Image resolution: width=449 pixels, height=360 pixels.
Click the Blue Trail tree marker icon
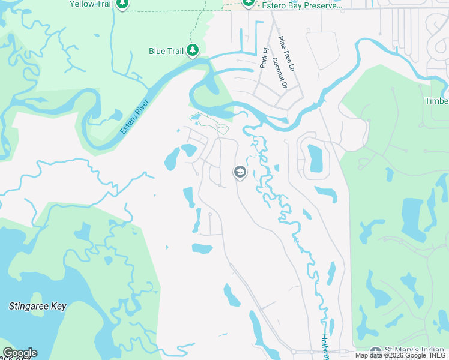click(193, 50)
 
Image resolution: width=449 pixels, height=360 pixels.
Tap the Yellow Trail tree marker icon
click(123, 4)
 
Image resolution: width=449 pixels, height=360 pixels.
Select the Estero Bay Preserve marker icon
click(249, 4)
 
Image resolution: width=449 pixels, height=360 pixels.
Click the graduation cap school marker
click(240, 173)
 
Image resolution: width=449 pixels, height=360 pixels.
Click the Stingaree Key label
click(37, 306)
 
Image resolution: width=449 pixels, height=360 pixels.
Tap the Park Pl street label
click(262, 59)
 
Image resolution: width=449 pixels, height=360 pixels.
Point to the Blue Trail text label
click(166, 52)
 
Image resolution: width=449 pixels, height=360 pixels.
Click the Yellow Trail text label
click(91, 4)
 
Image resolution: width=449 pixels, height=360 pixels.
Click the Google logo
click(20, 353)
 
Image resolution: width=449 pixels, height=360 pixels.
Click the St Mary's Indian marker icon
click(376, 352)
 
